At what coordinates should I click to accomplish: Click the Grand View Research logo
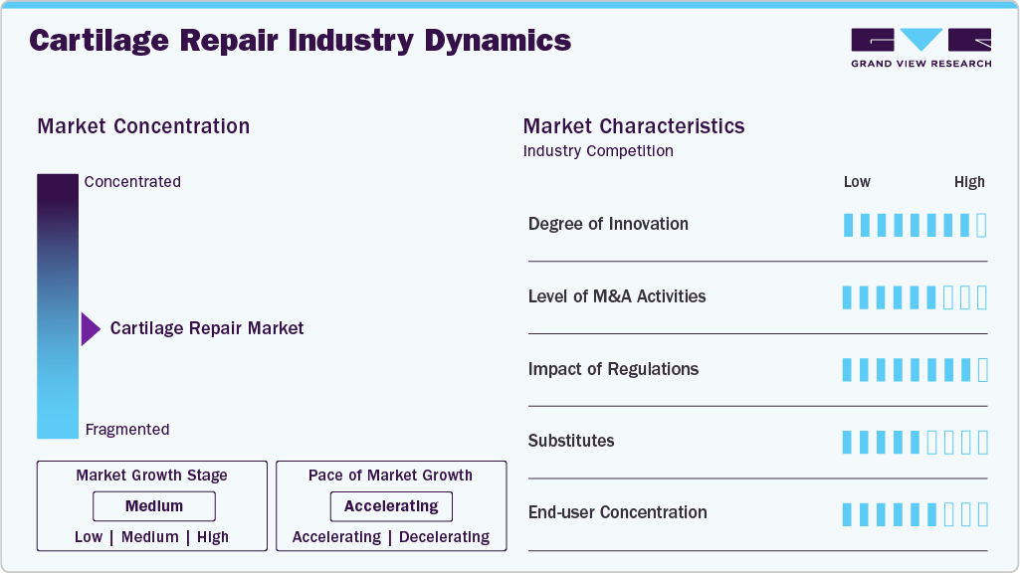920,48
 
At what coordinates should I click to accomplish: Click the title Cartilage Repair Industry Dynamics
300,41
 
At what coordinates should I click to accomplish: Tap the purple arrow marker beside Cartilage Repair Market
91,329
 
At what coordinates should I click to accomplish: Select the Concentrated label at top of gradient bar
132,182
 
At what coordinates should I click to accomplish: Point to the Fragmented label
127,430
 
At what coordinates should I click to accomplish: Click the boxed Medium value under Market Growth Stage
153,506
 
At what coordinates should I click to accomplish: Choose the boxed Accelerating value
391,506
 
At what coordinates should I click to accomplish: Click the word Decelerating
444,537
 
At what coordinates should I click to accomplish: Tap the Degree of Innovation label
608,224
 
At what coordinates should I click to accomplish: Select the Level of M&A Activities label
617,296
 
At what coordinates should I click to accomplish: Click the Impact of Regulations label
613,369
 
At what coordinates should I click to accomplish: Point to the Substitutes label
571,441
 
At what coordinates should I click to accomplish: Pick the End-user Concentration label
618,512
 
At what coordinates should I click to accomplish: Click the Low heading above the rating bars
857,182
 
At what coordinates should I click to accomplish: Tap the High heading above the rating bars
969,182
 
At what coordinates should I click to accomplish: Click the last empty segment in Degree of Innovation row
982,225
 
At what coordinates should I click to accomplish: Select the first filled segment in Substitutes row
848,442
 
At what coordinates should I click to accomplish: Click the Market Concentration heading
143,126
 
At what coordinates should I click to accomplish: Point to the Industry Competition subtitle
598,151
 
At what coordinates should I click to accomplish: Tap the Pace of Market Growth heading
390,476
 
